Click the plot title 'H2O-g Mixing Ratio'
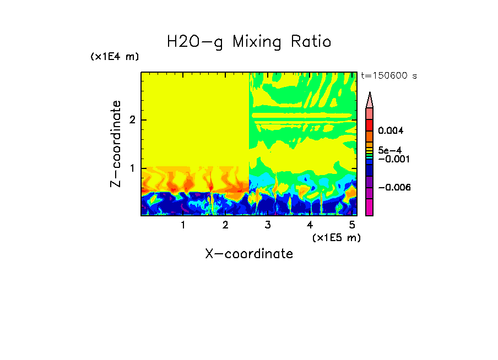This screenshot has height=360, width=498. [x=249, y=41]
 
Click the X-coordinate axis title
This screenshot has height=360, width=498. [x=249, y=253]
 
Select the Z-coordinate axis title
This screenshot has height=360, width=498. [x=116, y=144]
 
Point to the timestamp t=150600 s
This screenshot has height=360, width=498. [x=389, y=76]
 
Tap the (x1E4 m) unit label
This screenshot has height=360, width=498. [x=115, y=57]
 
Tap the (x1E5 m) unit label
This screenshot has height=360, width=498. [x=336, y=237]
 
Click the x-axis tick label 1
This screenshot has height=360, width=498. [x=183, y=225]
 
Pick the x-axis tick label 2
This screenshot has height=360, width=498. [x=225, y=225]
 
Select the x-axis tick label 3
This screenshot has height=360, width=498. [x=267, y=225]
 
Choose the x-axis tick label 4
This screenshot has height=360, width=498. [x=310, y=225]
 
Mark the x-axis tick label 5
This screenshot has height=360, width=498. [x=351, y=225]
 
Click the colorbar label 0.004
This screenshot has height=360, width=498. [x=391, y=131]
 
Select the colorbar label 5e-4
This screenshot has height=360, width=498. [x=389, y=150]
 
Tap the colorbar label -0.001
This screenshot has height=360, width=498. [x=392, y=159]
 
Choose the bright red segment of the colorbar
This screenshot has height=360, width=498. [x=370, y=124]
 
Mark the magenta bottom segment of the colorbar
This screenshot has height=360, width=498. [x=370, y=207]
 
